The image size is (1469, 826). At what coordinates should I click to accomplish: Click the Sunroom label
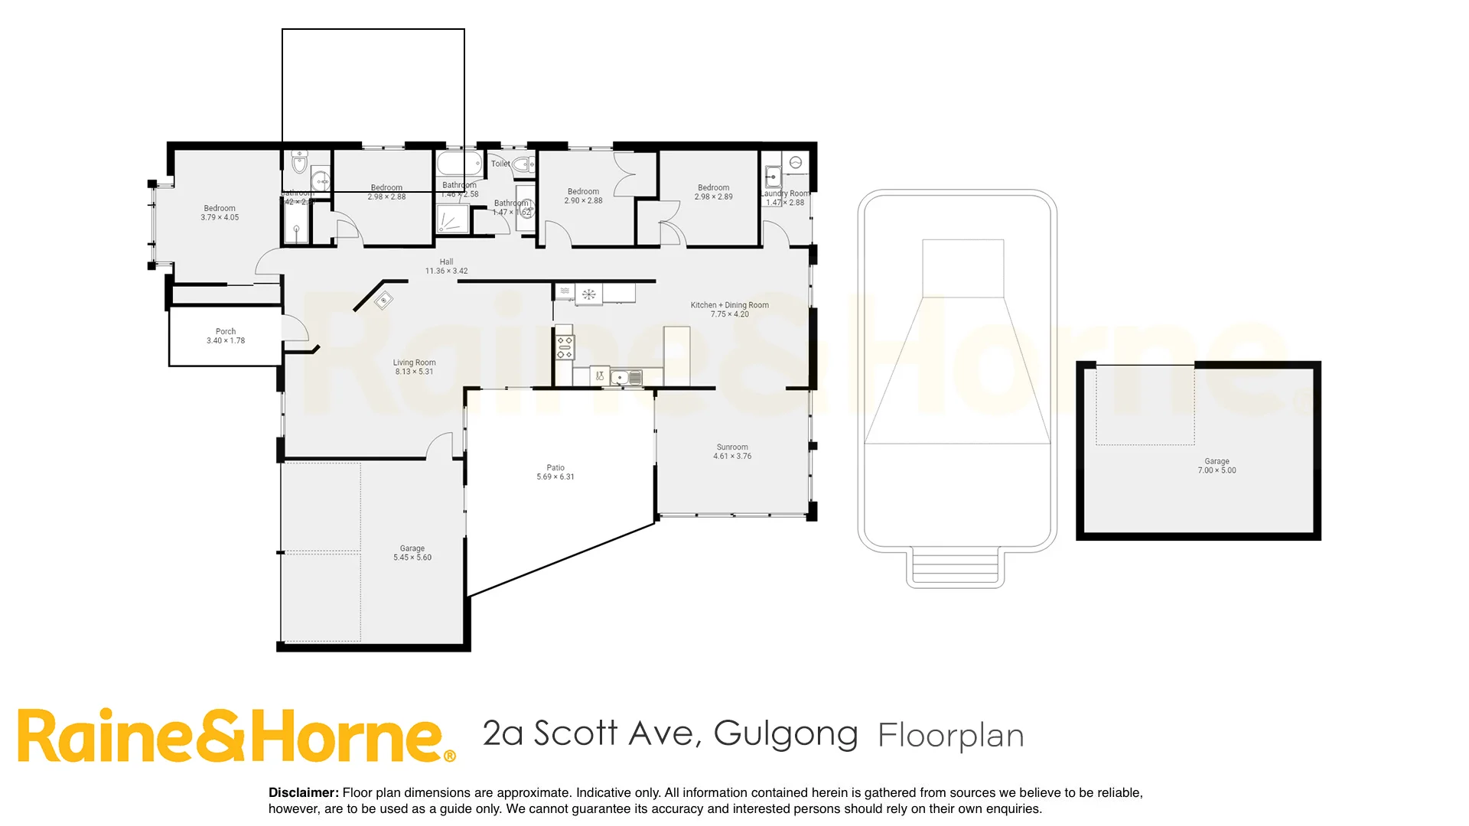[x=732, y=447]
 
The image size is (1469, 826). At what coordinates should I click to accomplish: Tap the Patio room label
[x=555, y=467]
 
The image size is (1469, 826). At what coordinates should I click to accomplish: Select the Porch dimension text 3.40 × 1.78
[x=226, y=341]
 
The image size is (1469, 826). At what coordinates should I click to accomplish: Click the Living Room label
[x=414, y=363]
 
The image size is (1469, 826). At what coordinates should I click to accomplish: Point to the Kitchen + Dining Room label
[x=729, y=305]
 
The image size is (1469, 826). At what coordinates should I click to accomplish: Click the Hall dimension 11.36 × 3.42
[x=446, y=271]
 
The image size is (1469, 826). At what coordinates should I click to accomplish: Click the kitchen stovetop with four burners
[x=565, y=347]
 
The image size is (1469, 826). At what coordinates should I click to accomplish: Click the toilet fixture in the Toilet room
[x=524, y=164]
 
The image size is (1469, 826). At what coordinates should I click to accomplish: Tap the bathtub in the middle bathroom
[x=459, y=163]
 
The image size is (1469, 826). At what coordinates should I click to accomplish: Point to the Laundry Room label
[x=785, y=193]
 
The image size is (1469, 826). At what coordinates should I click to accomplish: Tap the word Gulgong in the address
[x=786, y=733]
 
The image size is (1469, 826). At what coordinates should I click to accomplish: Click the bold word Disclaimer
[x=303, y=793]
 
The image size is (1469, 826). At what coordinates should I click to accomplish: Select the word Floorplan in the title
[x=950, y=736]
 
